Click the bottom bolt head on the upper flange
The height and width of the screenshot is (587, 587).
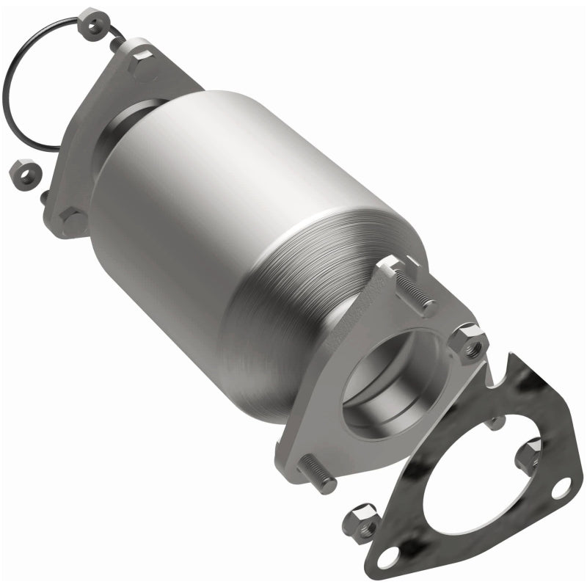[73, 220]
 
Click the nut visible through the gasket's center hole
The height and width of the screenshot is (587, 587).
[530, 455]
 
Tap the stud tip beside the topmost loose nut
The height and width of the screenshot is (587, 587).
[116, 45]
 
